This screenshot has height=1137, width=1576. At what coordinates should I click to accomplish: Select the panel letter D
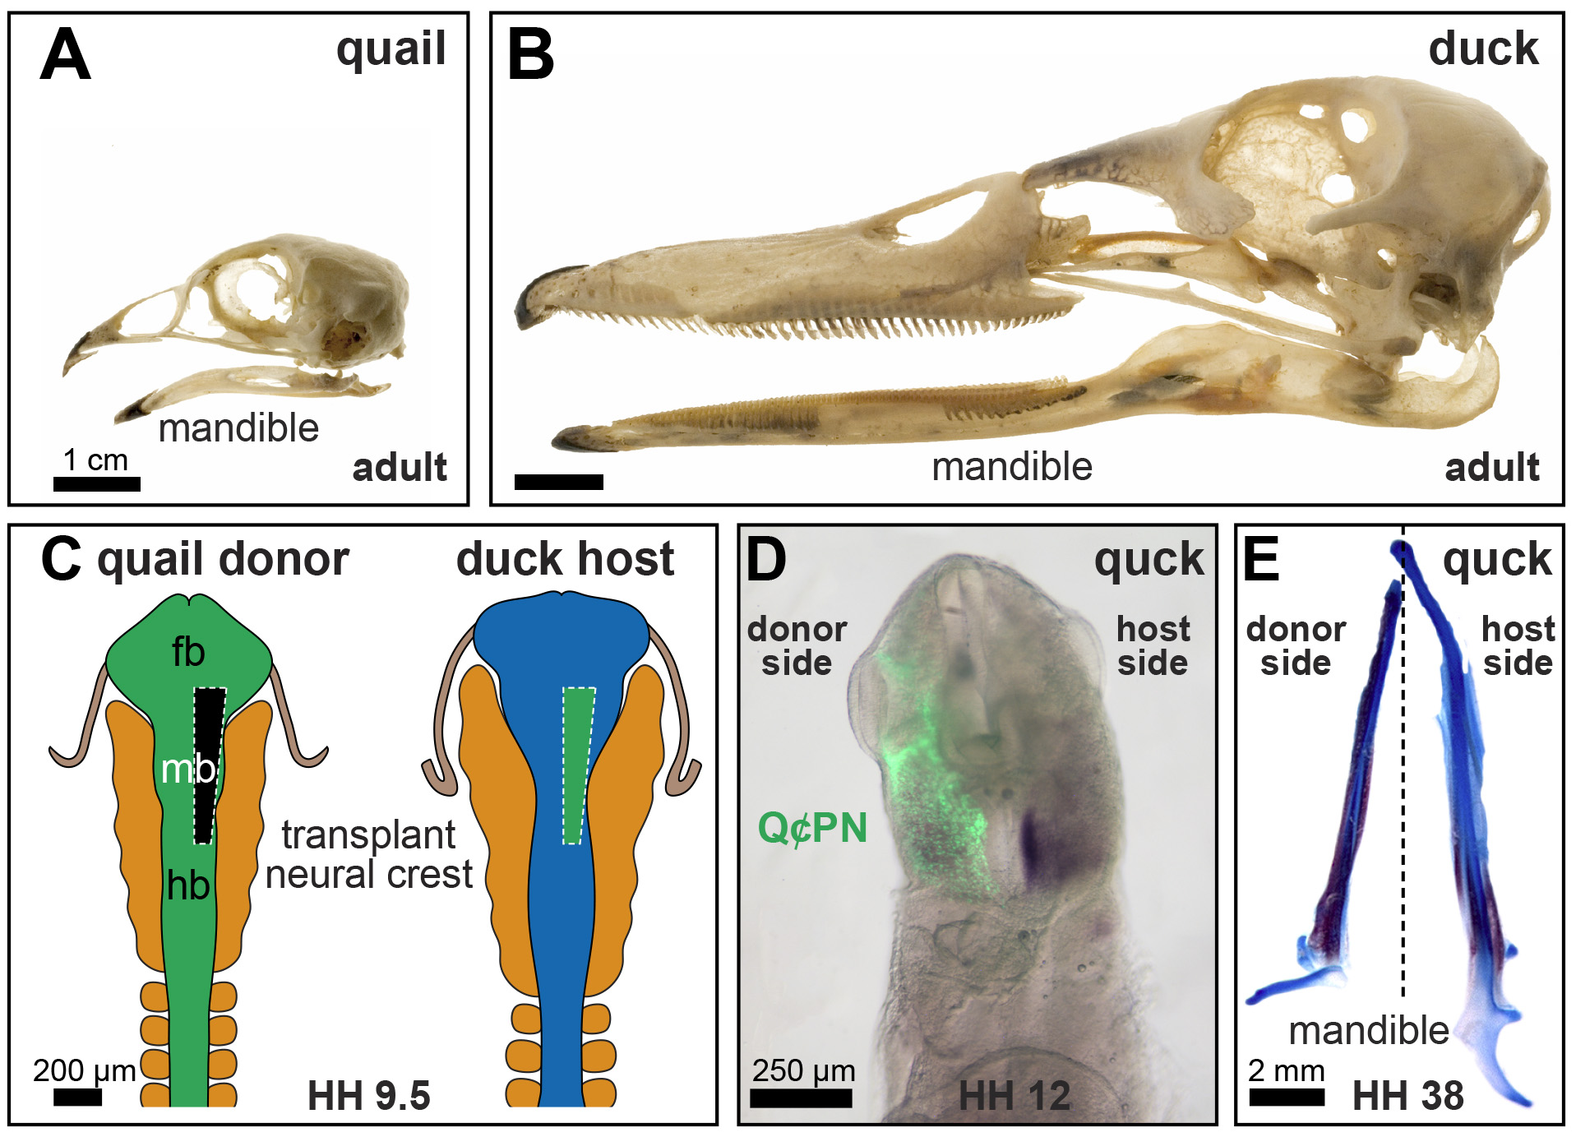tap(765, 560)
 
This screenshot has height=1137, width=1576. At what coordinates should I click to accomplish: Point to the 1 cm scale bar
tap(97, 484)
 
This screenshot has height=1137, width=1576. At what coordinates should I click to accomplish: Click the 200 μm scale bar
tap(77, 1097)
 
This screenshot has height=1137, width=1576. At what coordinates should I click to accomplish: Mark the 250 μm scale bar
tap(801, 1097)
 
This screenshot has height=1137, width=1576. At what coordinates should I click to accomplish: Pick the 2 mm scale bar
tap(1287, 1097)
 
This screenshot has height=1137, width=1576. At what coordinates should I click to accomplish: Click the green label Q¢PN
tap(812, 828)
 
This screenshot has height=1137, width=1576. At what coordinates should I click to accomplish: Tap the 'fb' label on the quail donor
tap(188, 653)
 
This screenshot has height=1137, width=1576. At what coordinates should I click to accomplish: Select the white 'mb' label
tap(188, 770)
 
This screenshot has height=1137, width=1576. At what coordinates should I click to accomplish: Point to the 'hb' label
tap(188, 886)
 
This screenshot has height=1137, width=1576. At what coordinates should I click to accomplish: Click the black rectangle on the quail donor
tap(209, 765)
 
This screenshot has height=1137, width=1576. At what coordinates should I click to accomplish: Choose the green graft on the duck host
tap(579, 765)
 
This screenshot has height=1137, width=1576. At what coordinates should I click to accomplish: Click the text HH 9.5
tap(369, 1095)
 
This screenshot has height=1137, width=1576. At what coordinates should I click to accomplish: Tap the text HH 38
tap(1408, 1095)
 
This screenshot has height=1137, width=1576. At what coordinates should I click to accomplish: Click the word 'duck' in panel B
tap(1483, 49)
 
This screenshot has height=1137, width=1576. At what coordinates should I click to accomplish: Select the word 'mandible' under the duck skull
tap(1012, 467)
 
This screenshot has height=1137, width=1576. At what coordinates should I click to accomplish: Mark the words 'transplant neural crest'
tap(369, 855)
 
